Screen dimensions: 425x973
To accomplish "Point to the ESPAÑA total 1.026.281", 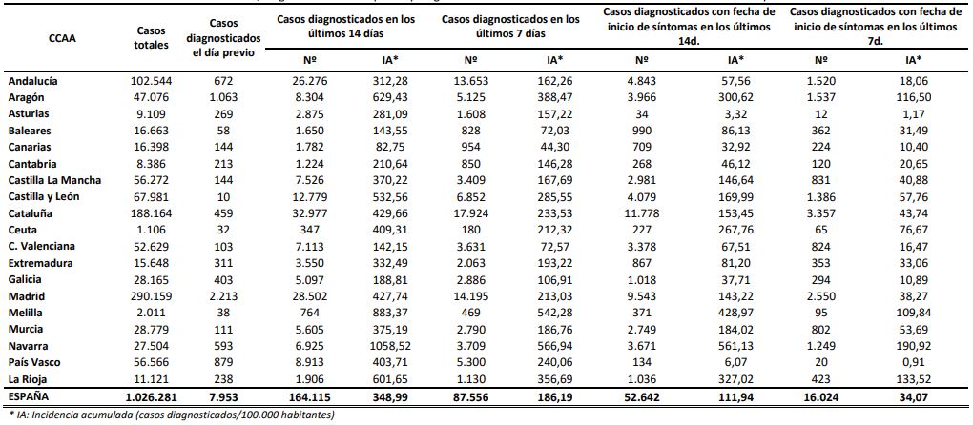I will click(x=150, y=395).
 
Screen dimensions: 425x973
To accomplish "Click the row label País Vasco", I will click(x=35, y=362).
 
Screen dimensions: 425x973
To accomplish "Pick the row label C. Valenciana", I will click(x=41, y=246).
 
